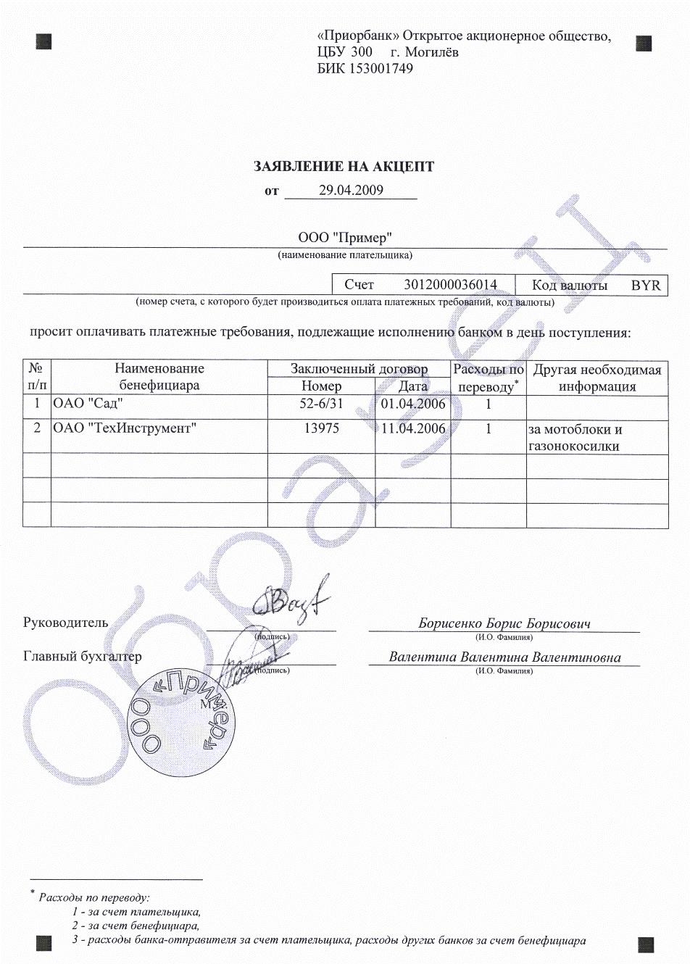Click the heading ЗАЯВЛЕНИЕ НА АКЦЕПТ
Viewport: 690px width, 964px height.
click(344, 167)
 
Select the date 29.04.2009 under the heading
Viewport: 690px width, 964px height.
click(351, 191)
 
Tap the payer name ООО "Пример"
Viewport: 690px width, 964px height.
click(345, 237)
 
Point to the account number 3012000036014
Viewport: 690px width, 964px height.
click(450, 285)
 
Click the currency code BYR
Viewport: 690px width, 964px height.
click(646, 285)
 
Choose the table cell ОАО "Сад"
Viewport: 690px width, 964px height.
click(84, 404)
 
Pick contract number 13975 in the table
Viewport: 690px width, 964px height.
click(321, 428)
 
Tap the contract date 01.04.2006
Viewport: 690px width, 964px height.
click(413, 404)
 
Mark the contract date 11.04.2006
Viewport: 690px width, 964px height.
click(413, 428)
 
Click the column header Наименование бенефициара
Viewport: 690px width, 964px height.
click(159, 377)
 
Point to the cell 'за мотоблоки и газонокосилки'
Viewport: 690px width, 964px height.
click(575, 438)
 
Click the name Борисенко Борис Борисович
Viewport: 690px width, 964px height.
click(504, 623)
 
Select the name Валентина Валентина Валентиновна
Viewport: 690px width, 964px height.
click(504, 657)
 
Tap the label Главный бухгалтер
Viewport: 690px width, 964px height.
click(83, 657)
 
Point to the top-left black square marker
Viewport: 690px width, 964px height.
click(44, 41)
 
